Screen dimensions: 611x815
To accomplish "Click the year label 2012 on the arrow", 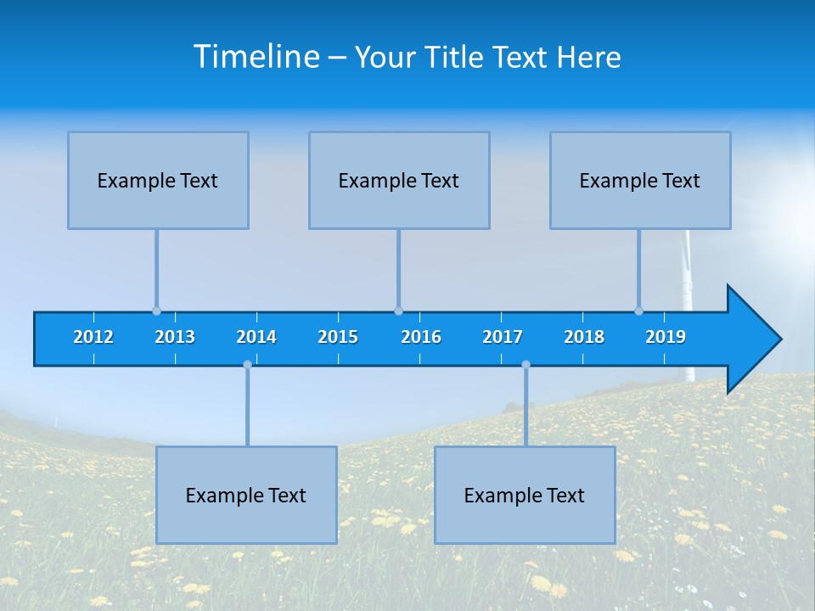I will pyautogui.click(x=93, y=337).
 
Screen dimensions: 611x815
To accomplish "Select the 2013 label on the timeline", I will pyautogui.click(x=175, y=337).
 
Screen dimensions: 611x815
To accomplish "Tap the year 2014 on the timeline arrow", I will pyautogui.click(x=256, y=337).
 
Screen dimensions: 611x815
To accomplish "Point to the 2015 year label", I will pyautogui.click(x=338, y=337).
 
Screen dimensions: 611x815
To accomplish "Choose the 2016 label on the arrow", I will pyautogui.click(x=421, y=337).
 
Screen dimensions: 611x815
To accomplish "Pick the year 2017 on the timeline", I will pyautogui.click(x=503, y=337).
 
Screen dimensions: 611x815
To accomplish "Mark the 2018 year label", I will pyautogui.click(x=584, y=337).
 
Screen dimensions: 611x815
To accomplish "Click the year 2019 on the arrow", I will pyautogui.click(x=666, y=337).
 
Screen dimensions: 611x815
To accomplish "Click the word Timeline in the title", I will pyautogui.click(x=256, y=57).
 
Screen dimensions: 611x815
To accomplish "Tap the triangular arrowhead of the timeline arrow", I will pyautogui.click(x=751, y=339).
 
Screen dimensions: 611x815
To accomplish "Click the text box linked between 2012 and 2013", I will pyautogui.click(x=158, y=180).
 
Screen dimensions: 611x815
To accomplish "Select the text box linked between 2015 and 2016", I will pyautogui.click(x=399, y=180).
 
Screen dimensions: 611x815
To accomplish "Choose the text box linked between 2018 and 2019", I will pyautogui.click(x=640, y=180).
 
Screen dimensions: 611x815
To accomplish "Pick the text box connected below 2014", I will pyautogui.click(x=246, y=495).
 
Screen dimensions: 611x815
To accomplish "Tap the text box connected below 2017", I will pyautogui.click(x=525, y=495).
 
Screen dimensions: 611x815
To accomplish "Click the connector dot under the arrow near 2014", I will pyautogui.click(x=247, y=365).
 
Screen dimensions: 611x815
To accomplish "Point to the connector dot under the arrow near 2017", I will pyautogui.click(x=526, y=365).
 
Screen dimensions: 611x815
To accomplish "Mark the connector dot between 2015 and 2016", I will pyautogui.click(x=398, y=311).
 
